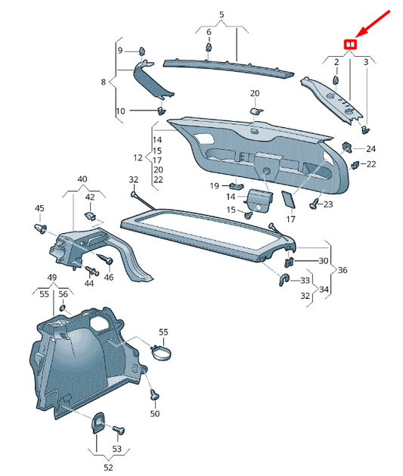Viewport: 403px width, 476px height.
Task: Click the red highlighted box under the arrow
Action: click(x=350, y=45)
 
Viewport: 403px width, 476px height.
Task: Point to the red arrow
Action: click(x=372, y=24)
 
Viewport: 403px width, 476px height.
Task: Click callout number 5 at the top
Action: click(x=222, y=14)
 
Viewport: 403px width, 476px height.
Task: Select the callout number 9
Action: click(x=120, y=50)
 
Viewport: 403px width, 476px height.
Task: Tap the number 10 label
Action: click(x=120, y=111)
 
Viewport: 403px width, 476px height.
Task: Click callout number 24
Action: click(x=370, y=149)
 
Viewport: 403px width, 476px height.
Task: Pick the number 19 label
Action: click(x=214, y=185)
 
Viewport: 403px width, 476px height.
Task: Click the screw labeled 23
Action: click(x=314, y=204)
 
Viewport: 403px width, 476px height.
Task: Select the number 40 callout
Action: click(x=82, y=179)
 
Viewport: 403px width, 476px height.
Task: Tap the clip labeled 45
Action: click(x=41, y=229)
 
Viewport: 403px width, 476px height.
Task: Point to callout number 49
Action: click(x=52, y=277)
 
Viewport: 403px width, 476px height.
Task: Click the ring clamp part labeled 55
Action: click(x=161, y=352)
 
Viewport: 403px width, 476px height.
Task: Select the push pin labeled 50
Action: click(x=155, y=394)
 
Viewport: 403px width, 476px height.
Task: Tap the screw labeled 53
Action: click(x=119, y=430)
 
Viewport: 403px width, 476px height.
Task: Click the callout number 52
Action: click(x=108, y=468)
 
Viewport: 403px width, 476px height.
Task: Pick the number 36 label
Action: click(x=343, y=270)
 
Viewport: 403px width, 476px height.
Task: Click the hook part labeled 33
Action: click(x=284, y=279)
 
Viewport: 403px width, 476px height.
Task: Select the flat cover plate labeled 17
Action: click(x=288, y=200)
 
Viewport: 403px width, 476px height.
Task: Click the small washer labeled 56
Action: click(x=63, y=308)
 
